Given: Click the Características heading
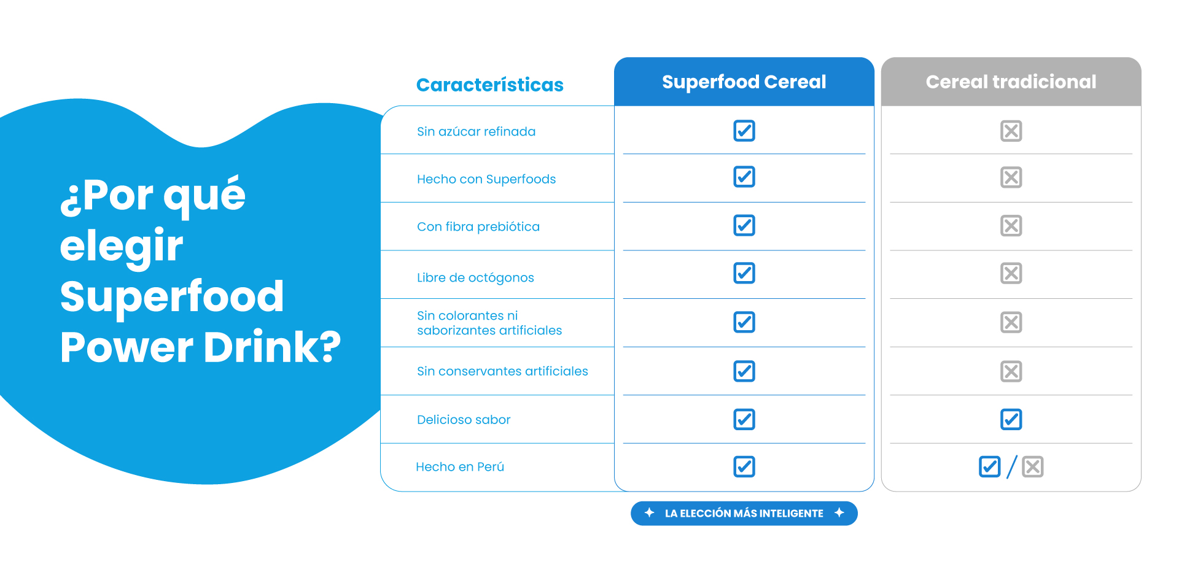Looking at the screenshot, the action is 489,85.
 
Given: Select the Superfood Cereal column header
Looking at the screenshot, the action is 744,82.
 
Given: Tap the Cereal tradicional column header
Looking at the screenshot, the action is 1011,82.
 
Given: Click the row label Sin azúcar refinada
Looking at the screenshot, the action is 476,131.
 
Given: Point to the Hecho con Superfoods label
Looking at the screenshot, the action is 486,179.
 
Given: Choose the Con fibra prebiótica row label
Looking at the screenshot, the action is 478,226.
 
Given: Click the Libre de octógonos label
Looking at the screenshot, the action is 475,277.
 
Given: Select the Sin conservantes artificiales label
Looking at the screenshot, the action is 502,371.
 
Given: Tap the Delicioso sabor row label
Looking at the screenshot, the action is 464,420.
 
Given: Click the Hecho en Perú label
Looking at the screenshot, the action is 460,467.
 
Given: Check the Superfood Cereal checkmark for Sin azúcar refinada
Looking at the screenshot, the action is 744,131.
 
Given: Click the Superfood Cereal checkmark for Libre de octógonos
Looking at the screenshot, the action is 744,273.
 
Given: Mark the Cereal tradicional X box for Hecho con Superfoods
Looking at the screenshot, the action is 1011,177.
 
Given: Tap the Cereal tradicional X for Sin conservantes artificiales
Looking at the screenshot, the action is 1011,371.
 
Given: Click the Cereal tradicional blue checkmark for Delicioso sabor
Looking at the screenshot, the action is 1011,420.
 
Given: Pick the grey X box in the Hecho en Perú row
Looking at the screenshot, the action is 1033,467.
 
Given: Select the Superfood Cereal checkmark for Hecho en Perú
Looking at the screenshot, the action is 744,467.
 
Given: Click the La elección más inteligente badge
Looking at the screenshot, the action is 744,514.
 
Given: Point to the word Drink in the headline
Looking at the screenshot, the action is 271,347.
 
